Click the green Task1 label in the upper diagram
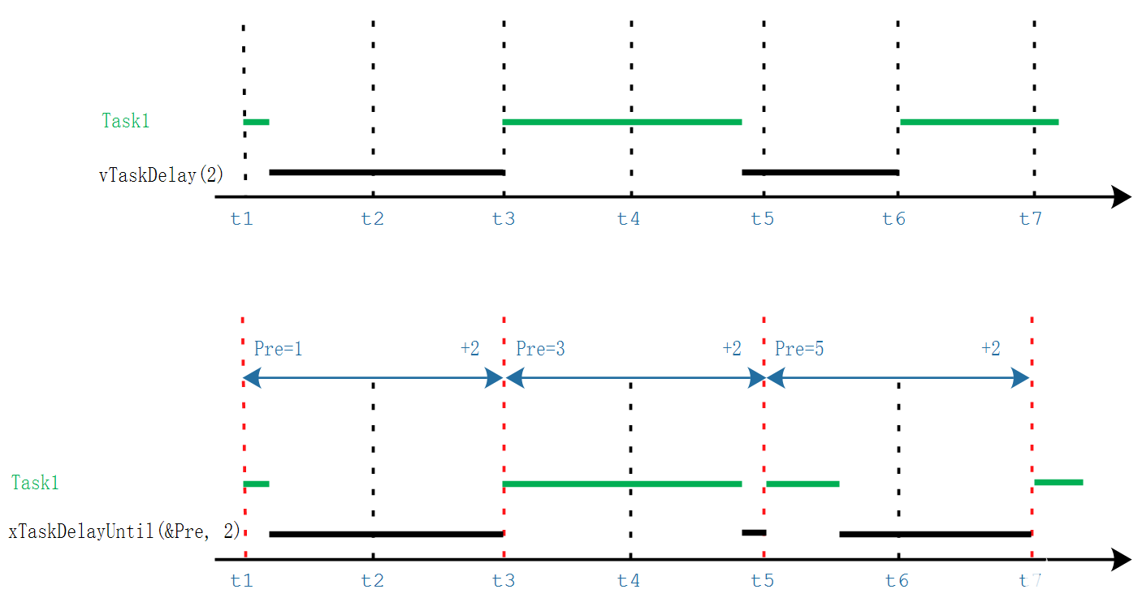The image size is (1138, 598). [125, 121]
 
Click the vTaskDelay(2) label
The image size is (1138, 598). [161, 175]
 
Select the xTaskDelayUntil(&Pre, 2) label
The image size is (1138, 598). [124, 531]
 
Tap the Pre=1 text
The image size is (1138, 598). [278, 349]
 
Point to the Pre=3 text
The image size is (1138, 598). [540, 349]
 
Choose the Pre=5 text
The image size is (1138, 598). [799, 349]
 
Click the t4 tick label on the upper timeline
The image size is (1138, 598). [629, 219]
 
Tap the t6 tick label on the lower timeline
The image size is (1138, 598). [897, 580]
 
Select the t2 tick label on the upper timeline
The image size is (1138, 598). [372, 219]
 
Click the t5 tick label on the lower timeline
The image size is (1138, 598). [763, 580]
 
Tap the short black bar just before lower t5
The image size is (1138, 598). [754, 532]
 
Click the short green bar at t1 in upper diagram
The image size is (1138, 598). [256, 122]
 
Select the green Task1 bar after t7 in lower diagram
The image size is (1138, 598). [1058, 482]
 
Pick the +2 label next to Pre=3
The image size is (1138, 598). [732, 348]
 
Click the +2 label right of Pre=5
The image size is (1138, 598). [991, 348]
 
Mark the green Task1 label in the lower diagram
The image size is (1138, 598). [35, 483]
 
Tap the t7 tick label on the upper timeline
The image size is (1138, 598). [1031, 219]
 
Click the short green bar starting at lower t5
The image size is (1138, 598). [803, 484]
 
